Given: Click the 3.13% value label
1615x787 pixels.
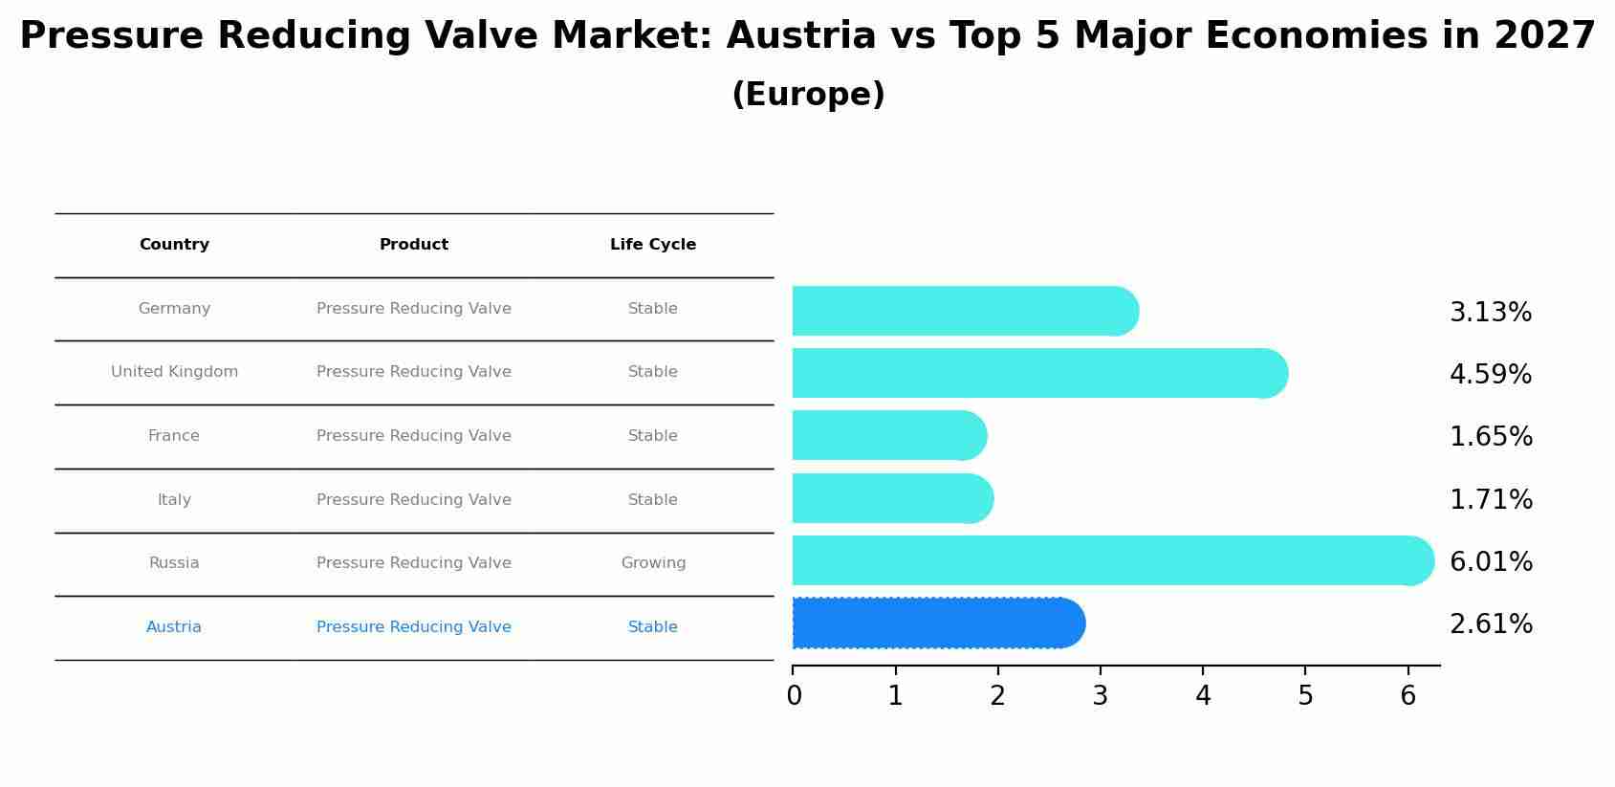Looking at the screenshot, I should [x=1490, y=313].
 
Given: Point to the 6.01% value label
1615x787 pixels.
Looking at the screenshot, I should [x=1490, y=561].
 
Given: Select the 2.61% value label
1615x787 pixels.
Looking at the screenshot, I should [x=1490, y=624].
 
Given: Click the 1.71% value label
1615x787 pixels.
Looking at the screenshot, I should [x=1490, y=499].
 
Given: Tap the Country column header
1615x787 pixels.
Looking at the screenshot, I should [x=174, y=245].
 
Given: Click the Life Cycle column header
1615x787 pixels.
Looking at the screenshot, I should [x=653, y=245].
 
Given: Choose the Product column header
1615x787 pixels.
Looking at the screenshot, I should [x=413, y=245].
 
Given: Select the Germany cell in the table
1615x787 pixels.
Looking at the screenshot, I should [x=174, y=309].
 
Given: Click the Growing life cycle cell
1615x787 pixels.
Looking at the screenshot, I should [x=653, y=563].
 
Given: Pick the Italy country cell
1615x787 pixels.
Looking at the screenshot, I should [x=174, y=500].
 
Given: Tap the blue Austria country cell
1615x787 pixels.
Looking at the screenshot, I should [x=174, y=627].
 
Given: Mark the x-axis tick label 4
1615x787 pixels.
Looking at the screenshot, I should [x=1203, y=696].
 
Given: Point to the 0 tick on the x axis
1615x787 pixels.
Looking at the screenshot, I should [x=794, y=696].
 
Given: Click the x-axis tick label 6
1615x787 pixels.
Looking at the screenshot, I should [x=1408, y=696].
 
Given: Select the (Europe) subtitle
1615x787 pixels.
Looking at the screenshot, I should [x=808, y=95].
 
